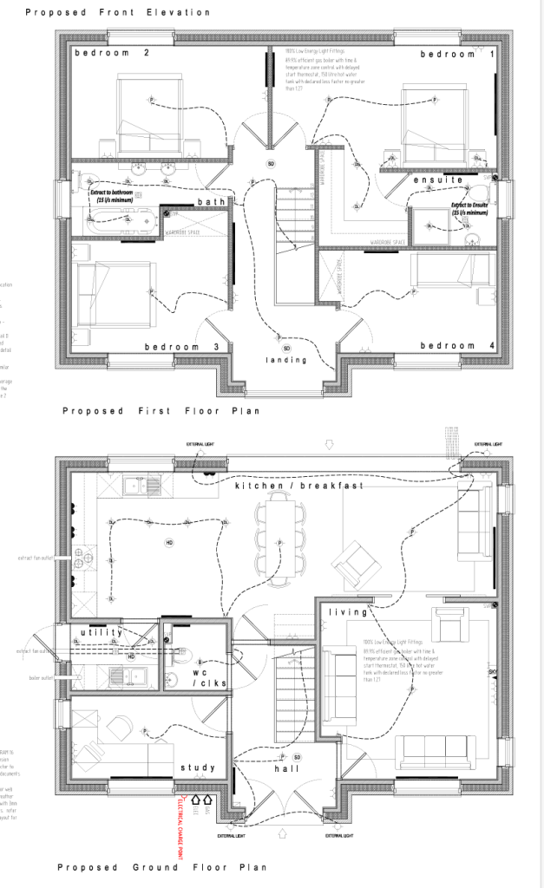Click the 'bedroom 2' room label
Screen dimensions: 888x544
[x=112, y=54]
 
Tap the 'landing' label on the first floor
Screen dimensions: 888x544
[x=286, y=359]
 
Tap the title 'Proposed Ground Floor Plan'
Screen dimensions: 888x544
[x=161, y=867]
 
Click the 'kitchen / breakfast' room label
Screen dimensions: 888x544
[x=286, y=486]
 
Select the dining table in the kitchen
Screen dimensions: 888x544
[x=280, y=543]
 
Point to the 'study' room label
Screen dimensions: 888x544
[x=198, y=767]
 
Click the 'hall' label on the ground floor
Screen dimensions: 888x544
[x=287, y=768]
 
